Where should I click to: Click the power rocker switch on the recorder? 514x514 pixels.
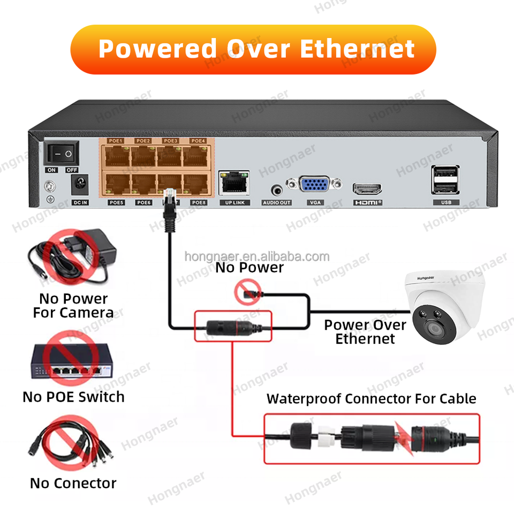pos(61,154)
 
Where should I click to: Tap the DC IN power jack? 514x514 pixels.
pos(79,185)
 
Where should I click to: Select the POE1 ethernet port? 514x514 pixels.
pos(116,156)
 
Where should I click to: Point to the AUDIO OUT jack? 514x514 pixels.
pos(276,190)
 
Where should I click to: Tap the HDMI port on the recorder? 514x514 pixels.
pos(367,188)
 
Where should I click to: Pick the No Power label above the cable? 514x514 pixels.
pos(250,268)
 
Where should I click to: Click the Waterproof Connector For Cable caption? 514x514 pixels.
pos(371,399)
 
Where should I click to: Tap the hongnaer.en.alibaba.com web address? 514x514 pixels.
pos(257,256)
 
